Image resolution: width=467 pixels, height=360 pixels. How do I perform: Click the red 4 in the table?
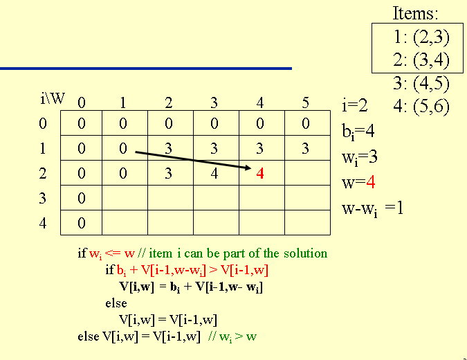[x=260, y=173]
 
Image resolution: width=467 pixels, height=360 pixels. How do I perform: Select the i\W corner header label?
[x=53, y=98]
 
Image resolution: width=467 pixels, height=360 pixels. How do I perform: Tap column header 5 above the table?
[x=305, y=104]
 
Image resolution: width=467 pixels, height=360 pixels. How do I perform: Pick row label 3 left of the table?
[x=43, y=199]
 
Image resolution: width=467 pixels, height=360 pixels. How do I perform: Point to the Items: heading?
[x=416, y=13]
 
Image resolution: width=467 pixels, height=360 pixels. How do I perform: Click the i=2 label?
[x=354, y=106]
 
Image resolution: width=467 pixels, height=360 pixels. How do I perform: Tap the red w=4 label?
[x=358, y=183]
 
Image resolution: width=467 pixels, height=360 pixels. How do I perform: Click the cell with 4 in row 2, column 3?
[x=214, y=173]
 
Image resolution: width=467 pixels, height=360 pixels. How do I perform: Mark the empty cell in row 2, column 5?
[x=305, y=173]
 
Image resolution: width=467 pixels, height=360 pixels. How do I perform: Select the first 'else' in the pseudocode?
[x=116, y=303]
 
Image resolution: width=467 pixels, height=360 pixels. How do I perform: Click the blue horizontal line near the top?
[x=145, y=69]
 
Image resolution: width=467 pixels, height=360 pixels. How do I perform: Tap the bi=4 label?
[x=358, y=132]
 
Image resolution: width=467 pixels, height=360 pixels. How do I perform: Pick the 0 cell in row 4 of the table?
[x=82, y=223]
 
